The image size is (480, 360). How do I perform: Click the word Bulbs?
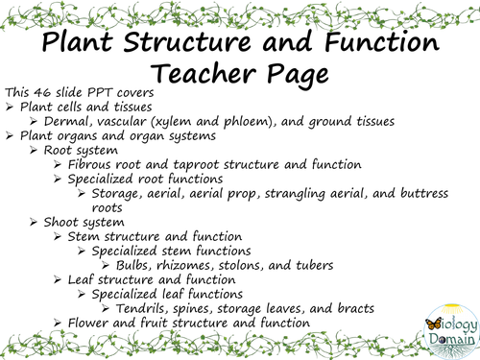pyautogui.click(x=136, y=264)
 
